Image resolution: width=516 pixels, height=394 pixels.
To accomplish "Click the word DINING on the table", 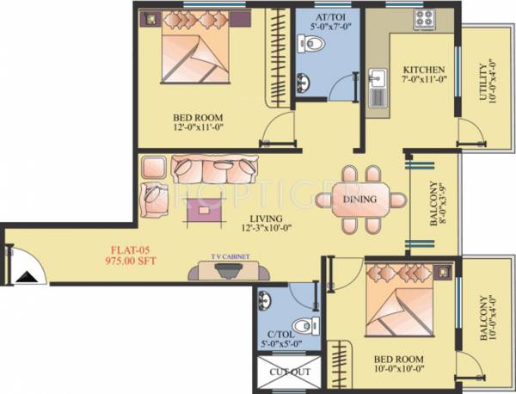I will click(359, 200).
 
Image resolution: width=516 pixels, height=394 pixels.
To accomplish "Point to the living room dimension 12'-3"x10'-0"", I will click(267, 227).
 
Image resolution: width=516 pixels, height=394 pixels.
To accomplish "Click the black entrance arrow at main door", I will click(26, 276).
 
